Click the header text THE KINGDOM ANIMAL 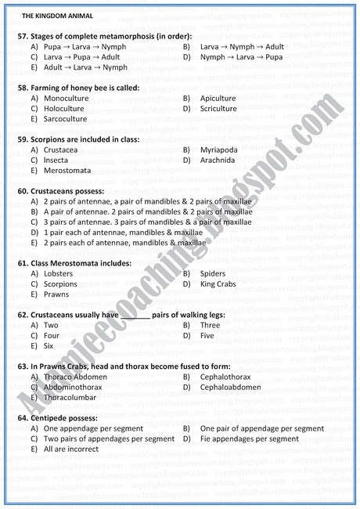point(57,15)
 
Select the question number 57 point(22,37)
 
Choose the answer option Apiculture point(218,99)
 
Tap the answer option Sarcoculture point(65,119)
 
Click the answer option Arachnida point(218,160)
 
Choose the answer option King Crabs point(218,284)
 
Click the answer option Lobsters point(59,274)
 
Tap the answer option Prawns point(57,294)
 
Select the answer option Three point(211,325)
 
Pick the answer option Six point(49,345)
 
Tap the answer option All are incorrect point(71,449)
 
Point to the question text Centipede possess point(68,418)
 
